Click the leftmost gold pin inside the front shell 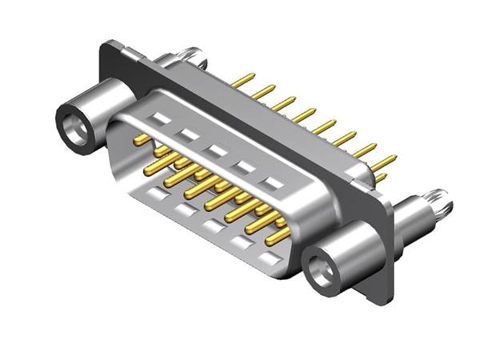142,140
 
